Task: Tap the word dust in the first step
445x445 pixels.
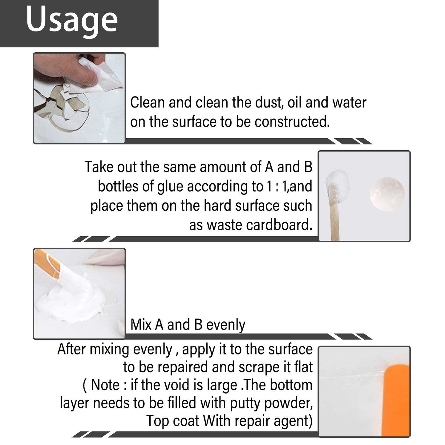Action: (267, 103)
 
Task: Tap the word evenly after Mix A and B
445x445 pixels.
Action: (226, 325)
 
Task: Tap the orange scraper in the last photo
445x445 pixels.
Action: (397, 400)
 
